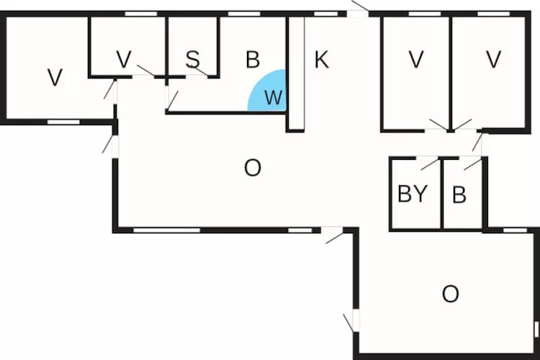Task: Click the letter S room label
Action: [x=192, y=60]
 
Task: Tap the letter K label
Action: [x=321, y=60]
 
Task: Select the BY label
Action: [x=413, y=194]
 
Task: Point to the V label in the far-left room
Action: [x=55, y=77]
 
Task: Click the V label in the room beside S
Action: [x=123, y=60]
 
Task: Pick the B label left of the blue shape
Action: [x=252, y=60]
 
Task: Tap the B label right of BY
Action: [x=461, y=195]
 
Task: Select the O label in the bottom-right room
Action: [x=450, y=294]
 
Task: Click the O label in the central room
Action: [x=252, y=168]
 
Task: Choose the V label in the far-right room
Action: [x=493, y=60]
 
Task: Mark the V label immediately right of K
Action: [x=415, y=60]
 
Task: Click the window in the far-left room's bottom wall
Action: [x=63, y=122]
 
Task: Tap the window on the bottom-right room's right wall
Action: [x=536, y=330]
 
